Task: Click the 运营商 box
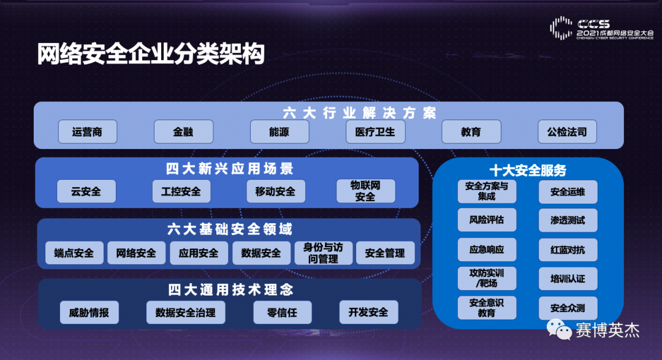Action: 88,132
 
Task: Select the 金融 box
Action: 183,132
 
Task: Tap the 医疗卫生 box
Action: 375,132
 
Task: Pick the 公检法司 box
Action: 567,132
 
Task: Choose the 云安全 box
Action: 86,191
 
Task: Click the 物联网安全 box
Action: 365,191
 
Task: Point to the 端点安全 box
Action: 74,253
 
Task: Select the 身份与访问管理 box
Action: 324,253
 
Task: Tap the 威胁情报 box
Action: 89,313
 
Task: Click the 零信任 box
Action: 283,313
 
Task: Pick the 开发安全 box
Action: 368,312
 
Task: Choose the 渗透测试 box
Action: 568,220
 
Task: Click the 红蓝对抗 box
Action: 568,250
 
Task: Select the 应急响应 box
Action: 487,249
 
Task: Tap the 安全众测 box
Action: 568,308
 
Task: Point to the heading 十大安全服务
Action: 528,170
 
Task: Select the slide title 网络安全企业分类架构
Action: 151,53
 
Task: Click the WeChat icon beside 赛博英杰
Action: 559,329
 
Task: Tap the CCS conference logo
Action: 602,28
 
